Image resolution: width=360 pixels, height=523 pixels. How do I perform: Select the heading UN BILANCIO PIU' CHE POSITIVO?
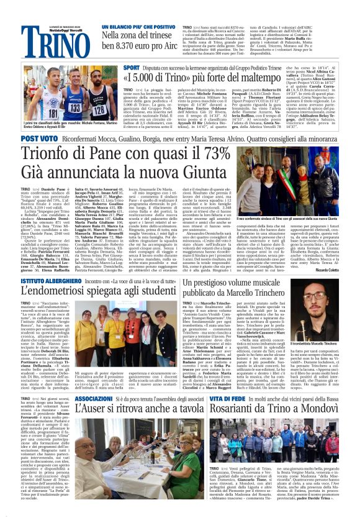pos(130,27)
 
